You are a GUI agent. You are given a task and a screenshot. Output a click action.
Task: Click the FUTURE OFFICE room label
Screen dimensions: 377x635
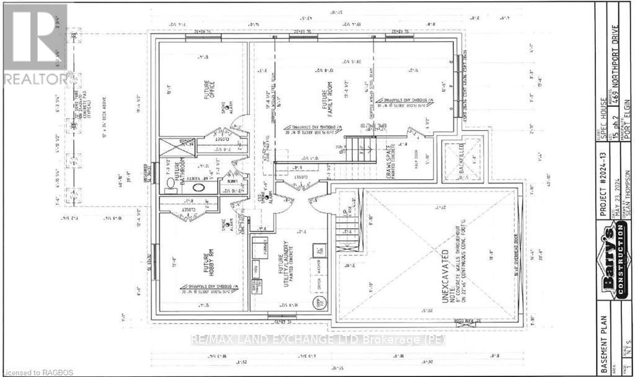coord(210,93)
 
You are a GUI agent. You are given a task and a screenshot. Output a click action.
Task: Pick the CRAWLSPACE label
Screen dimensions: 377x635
coord(388,166)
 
